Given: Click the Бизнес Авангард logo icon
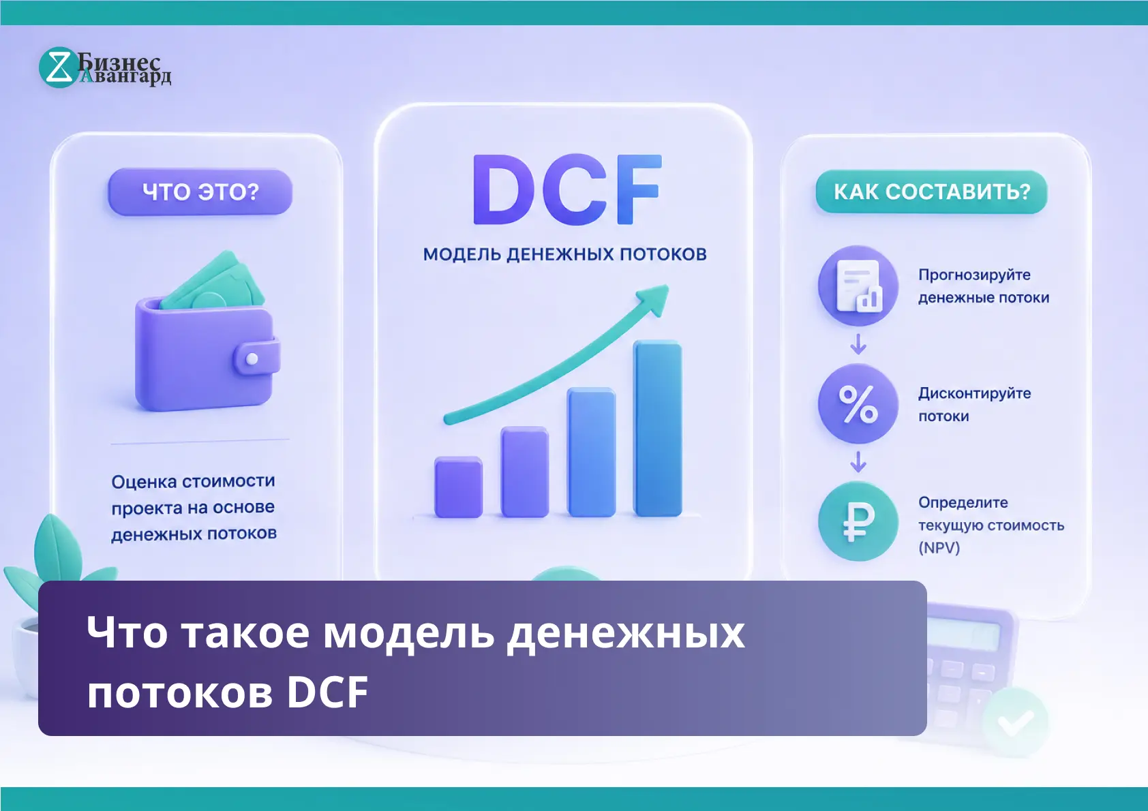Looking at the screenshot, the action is coord(59,67).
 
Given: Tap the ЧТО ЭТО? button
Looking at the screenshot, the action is coord(200,192).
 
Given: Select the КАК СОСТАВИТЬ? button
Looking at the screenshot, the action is coord(932,192).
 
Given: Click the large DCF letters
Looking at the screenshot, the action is coord(567,189).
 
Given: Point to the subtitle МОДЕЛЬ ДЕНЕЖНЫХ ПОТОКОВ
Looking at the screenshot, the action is coord(564,255).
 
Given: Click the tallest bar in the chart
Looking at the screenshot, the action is coord(658,428).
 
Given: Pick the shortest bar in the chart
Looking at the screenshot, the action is coord(458,487).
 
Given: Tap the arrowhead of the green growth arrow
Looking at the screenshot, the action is coord(654,299).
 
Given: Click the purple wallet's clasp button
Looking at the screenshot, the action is coord(252,358).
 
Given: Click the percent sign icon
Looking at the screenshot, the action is coord(858,404).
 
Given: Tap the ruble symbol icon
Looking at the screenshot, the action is coord(858,521).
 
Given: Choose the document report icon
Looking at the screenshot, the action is coord(858,286).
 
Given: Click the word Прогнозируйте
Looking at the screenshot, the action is coord(974,275).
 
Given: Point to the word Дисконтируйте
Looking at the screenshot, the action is coord(974,393).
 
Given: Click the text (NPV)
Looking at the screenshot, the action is coord(939,548).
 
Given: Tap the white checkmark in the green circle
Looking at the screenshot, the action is coord(1016,723).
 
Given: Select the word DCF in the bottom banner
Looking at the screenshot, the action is coord(327,692).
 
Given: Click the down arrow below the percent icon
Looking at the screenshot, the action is coord(858,461).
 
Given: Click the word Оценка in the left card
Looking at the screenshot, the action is coord(144,482).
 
